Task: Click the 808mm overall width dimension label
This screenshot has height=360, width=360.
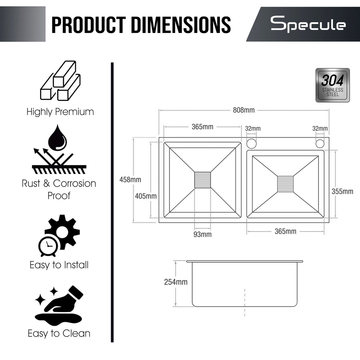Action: click(x=244, y=110)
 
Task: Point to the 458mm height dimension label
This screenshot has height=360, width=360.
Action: click(x=130, y=180)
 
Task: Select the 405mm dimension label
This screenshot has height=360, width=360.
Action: click(x=146, y=196)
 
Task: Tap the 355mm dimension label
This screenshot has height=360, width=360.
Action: click(x=342, y=191)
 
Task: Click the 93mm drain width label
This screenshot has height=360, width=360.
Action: click(x=203, y=234)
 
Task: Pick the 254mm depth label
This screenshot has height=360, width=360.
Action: click(x=176, y=282)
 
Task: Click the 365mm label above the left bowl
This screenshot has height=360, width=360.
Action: click(x=203, y=127)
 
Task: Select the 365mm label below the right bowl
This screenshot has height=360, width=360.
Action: click(x=285, y=231)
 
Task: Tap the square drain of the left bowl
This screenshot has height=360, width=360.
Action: click(x=203, y=180)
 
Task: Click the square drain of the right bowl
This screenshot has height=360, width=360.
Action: click(x=285, y=184)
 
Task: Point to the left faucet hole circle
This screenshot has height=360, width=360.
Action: click(x=251, y=143)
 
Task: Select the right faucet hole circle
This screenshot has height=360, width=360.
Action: click(x=320, y=144)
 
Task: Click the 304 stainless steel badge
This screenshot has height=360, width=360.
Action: click(x=333, y=85)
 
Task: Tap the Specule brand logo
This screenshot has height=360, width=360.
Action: click(x=308, y=24)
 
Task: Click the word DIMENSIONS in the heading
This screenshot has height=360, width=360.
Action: click(x=181, y=25)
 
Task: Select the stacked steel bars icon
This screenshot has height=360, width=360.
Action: click(x=60, y=81)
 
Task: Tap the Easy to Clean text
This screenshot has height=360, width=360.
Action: click(x=59, y=334)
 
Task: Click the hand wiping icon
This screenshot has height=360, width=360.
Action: click(x=59, y=305)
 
